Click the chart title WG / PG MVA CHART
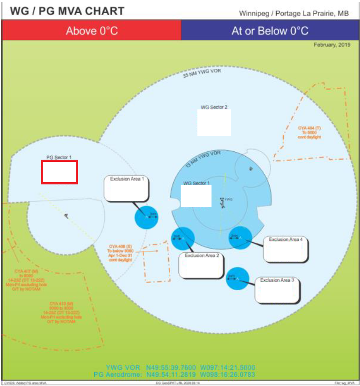tap(67, 11)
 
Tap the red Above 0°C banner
tap(92, 31)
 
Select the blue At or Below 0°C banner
tap(270, 31)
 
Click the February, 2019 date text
tap(332, 45)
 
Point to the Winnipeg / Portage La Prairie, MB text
tap(293, 13)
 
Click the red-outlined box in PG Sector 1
tap(59, 172)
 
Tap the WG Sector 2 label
tap(214, 107)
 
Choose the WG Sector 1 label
tap(197, 183)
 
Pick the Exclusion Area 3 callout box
tap(278, 290)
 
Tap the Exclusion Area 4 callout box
tap(286, 249)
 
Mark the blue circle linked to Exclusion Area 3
tap(238, 278)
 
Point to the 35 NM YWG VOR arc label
tap(201, 72)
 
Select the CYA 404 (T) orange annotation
tap(310, 132)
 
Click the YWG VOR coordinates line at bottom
tap(180, 367)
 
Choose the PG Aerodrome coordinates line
tap(174, 375)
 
